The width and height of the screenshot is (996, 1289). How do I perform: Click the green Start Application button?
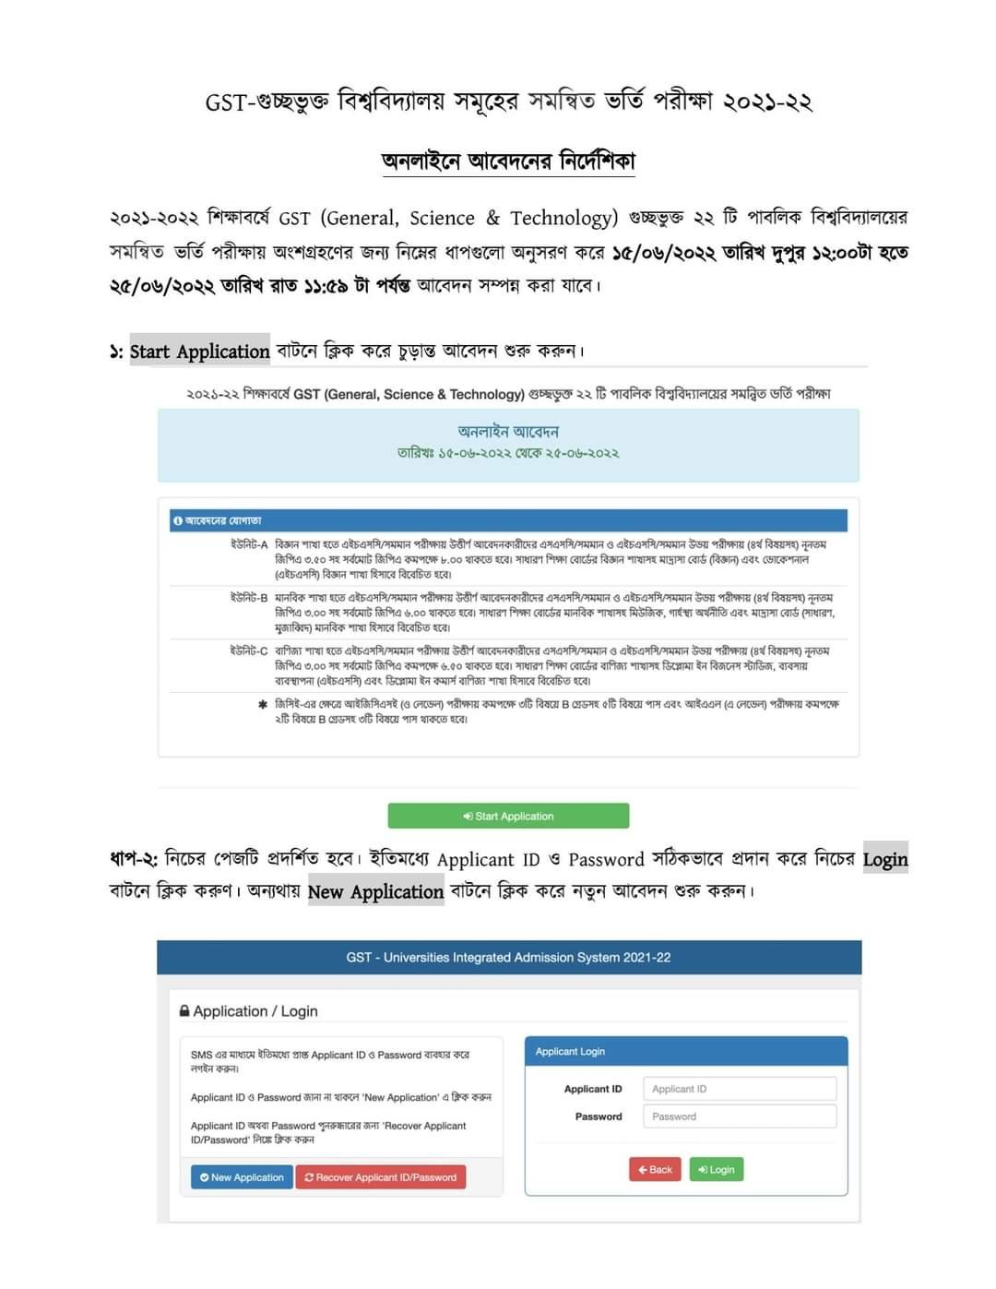pyautogui.click(x=508, y=816)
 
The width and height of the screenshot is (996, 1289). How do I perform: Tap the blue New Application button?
pyautogui.click(x=242, y=1177)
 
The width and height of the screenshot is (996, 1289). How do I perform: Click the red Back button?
pyautogui.click(x=655, y=1169)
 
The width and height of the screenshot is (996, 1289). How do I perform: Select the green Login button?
pyautogui.click(x=717, y=1169)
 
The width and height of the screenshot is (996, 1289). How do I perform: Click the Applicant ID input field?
pyautogui.click(x=739, y=1089)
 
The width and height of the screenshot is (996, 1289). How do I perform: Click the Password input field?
pyautogui.click(x=739, y=1116)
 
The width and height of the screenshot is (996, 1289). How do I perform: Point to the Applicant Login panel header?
pyautogui.click(x=685, y=1052)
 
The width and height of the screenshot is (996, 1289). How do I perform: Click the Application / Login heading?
pyautogui.click(x=255, y=1011)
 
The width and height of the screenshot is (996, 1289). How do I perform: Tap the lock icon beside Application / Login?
pyautogui.click(x=184, y=1011)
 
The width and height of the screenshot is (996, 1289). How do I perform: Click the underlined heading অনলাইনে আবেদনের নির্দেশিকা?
pyautogui.click(x=508, y=161)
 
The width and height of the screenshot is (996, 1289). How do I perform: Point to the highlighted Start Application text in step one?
pyautogui.click(x=199, y=352)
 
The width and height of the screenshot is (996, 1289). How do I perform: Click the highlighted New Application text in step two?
pyautogui.click(x=375, y=892)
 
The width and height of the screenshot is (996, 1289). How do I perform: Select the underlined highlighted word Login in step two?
pyautogui.click(x=885, y=860)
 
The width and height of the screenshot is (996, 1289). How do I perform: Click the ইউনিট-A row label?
pyautogui.click(x=249, y=544)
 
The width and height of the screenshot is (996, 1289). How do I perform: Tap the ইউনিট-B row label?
pyautogui.click(x=249, y=598)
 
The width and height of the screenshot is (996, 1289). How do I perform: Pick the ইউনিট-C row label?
pyautogui.click(x=249, y=650)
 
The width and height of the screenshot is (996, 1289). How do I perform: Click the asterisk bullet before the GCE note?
pyautogui.click(x=263, y=705)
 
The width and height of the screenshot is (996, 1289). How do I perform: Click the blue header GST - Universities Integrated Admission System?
pyautogui.click(x=508, y=958)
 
